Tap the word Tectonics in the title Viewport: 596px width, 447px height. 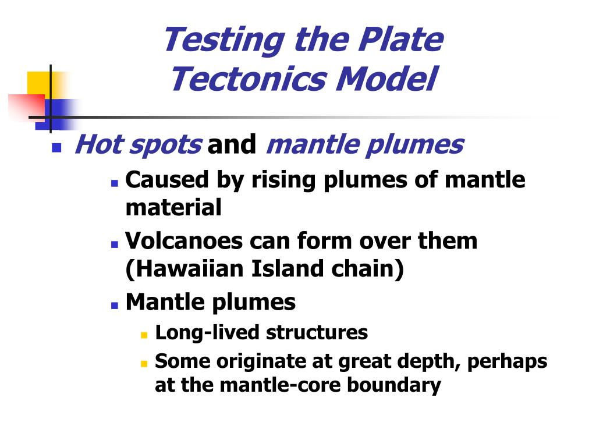[x=248, y=79]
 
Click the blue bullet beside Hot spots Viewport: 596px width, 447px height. [x=56, y=147]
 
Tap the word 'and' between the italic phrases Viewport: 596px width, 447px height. [x=232, y=144]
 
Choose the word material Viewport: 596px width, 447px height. [x=173, y=207]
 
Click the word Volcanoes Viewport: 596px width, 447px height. [x=184, y=241]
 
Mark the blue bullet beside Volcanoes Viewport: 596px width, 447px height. [x=115, y=244]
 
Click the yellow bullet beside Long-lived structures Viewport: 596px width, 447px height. [x=144, y=335]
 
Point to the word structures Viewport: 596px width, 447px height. [x=317, y=332]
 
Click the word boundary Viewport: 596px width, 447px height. [x=394, y=386]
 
